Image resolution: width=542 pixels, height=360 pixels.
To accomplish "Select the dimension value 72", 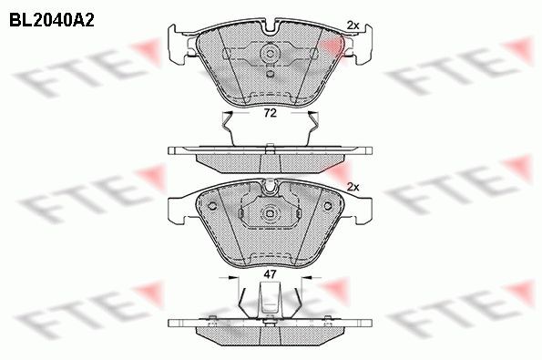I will pyautogui.click(x=270, y=114).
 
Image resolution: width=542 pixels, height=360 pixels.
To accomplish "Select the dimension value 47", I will pyautogui.click(x=270, y=273).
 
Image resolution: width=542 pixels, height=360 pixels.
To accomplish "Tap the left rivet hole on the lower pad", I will pyautogui.click(x=212, y=203).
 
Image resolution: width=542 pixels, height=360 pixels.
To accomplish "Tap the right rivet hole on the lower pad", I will pyautogui.click(x=327, y=203).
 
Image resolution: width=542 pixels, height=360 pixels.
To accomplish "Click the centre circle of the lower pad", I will pyautogui.click(x=270, y=215).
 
